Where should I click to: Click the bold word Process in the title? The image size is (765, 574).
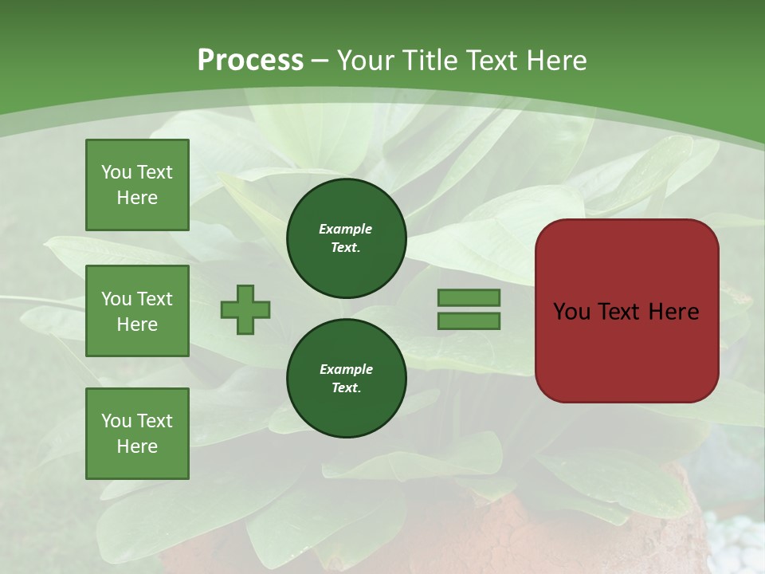pos(250,61)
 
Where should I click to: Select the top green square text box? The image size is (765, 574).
pos(137,185)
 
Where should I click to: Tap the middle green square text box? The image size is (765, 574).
pos(137,311)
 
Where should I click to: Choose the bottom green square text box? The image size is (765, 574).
pos(137,434)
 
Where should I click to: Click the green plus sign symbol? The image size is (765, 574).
pos(245,309)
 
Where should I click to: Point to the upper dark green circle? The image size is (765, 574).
pos(346,238)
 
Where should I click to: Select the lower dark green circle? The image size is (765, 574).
pos(346,378)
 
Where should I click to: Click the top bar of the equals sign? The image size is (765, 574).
pos(469,297)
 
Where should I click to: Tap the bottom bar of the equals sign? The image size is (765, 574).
pos(469,321)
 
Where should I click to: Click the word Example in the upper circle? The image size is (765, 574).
pos(346,229)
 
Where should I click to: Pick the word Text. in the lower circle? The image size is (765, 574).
pos(346,388)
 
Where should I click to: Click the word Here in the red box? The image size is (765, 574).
pos(673,312)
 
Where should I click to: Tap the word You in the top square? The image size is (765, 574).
pos(116,172)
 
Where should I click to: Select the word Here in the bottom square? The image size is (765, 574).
pos(137,446)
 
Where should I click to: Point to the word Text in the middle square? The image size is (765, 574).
pos(155,299)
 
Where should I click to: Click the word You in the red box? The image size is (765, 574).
pos(571,312)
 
